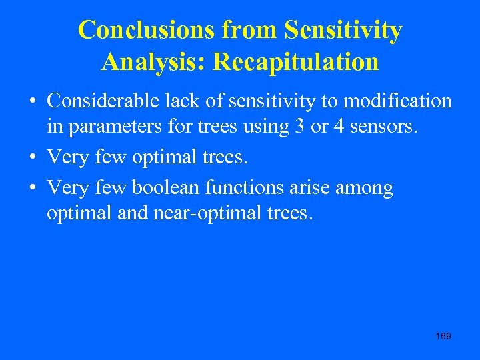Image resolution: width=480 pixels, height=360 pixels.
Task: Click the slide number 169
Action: (443, 336)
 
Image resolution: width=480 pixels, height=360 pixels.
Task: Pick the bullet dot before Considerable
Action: (32, 103)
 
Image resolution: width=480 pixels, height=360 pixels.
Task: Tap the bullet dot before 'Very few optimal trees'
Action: (32, 158)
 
